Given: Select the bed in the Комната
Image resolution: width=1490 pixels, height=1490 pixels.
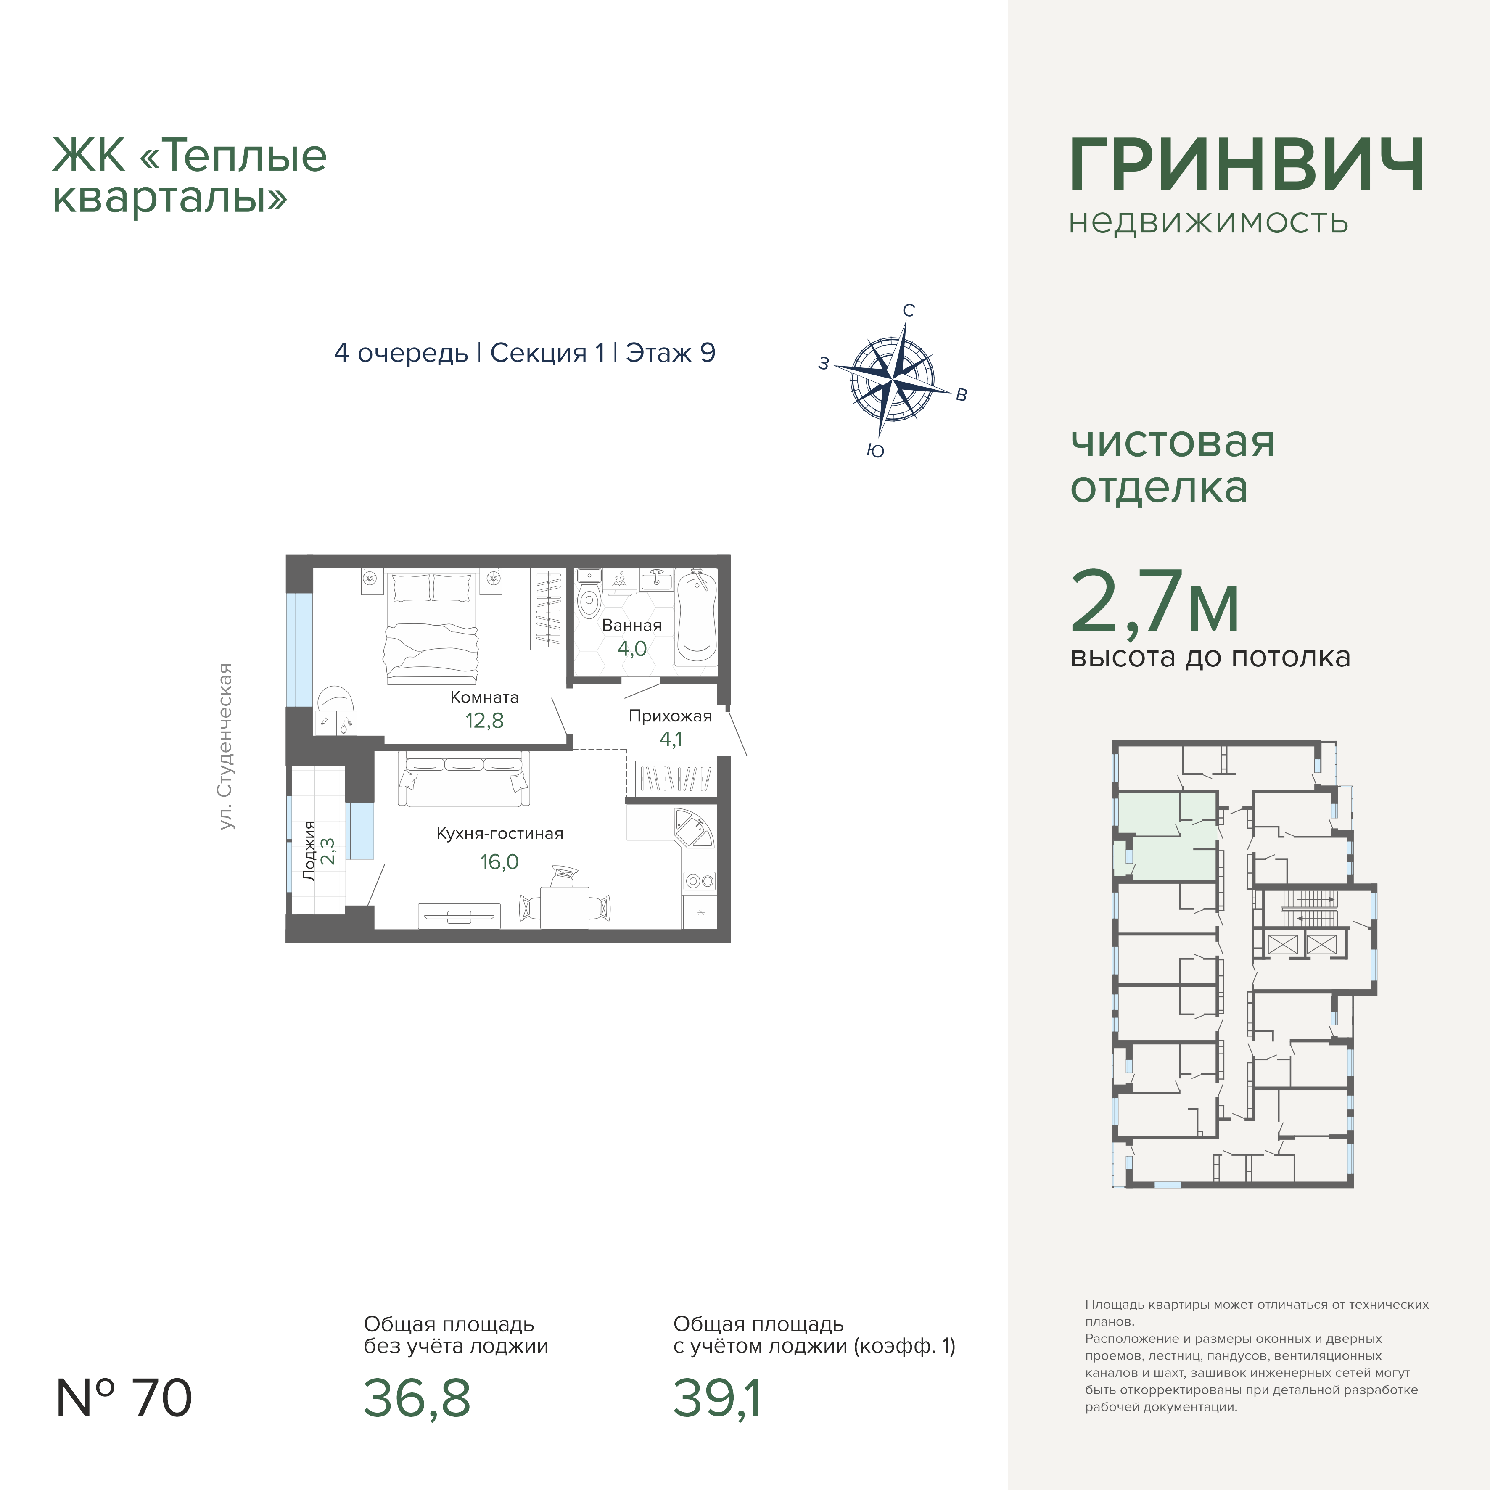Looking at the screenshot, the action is [x=431, y=627].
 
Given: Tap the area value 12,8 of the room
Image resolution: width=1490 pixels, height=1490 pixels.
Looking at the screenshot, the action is [x=484, y=720].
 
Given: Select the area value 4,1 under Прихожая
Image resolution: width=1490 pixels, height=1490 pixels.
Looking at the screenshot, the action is [x=670, y=739].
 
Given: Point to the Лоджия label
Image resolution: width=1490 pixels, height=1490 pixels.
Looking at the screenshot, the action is [x=309, y=851].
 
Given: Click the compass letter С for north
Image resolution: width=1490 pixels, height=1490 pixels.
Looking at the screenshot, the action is [x=909, y=310].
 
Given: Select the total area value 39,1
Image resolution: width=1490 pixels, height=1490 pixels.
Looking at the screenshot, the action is [x=717, y=1398].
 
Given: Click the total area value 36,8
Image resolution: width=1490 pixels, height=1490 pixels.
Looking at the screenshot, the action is [x=417, y=1398].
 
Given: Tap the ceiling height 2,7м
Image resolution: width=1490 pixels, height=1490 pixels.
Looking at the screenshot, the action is [x=1154, y=602].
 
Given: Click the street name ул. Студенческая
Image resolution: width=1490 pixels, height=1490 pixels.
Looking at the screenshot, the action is [x=225, y=747].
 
